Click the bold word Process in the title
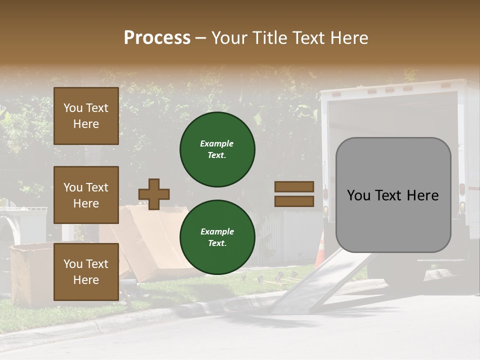coord(157,37)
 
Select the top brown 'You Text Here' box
coord(86,116)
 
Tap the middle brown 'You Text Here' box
coord(86,195)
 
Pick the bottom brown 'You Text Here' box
coord(86,271)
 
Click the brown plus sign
coord(154,194)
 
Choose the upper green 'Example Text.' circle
coord(217,149)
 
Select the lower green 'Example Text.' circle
coord(217,237)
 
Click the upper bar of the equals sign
coord(294,187)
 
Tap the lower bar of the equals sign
coord(294,201)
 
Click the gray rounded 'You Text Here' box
coord(393,195)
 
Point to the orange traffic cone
coord(320,250)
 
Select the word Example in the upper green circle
coord(217,143)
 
